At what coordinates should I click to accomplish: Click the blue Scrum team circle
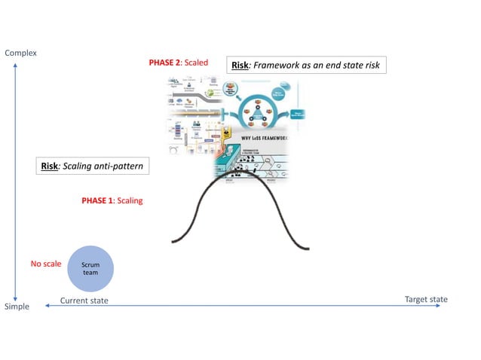[90, 269]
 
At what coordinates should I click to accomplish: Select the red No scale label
[45, 264]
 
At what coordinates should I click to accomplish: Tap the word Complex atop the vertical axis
[20, 53]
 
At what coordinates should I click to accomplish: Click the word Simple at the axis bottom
[17, 307]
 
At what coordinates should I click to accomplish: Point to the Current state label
[84, 301]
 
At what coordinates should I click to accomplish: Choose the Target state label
[426, 299]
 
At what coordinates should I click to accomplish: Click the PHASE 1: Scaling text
[112, 201]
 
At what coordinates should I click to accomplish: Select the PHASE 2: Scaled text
[178, 63]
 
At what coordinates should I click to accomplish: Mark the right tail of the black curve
[305, 248]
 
